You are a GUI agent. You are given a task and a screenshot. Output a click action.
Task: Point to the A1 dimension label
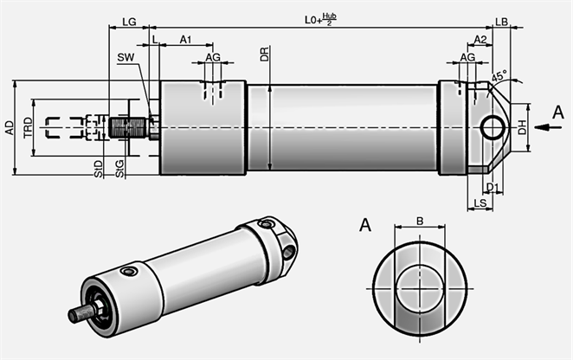coord(185,40)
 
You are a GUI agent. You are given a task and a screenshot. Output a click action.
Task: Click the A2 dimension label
coord(480,40)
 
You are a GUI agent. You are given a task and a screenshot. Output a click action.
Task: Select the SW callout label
coord(125,57)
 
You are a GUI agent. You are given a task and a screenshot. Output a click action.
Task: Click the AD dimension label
coord(10,128)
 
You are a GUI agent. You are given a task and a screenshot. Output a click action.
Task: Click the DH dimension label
coord(522,128)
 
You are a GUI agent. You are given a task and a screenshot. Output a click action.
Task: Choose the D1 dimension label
coord(492,187)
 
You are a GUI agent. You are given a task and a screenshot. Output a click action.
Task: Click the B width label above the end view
coord(420,222)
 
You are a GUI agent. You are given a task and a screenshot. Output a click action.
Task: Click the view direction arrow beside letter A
coord(544,127)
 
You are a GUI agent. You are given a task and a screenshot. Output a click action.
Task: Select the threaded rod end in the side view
coord(129,128)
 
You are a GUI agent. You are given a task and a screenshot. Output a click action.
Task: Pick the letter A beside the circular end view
coord(365,226)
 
